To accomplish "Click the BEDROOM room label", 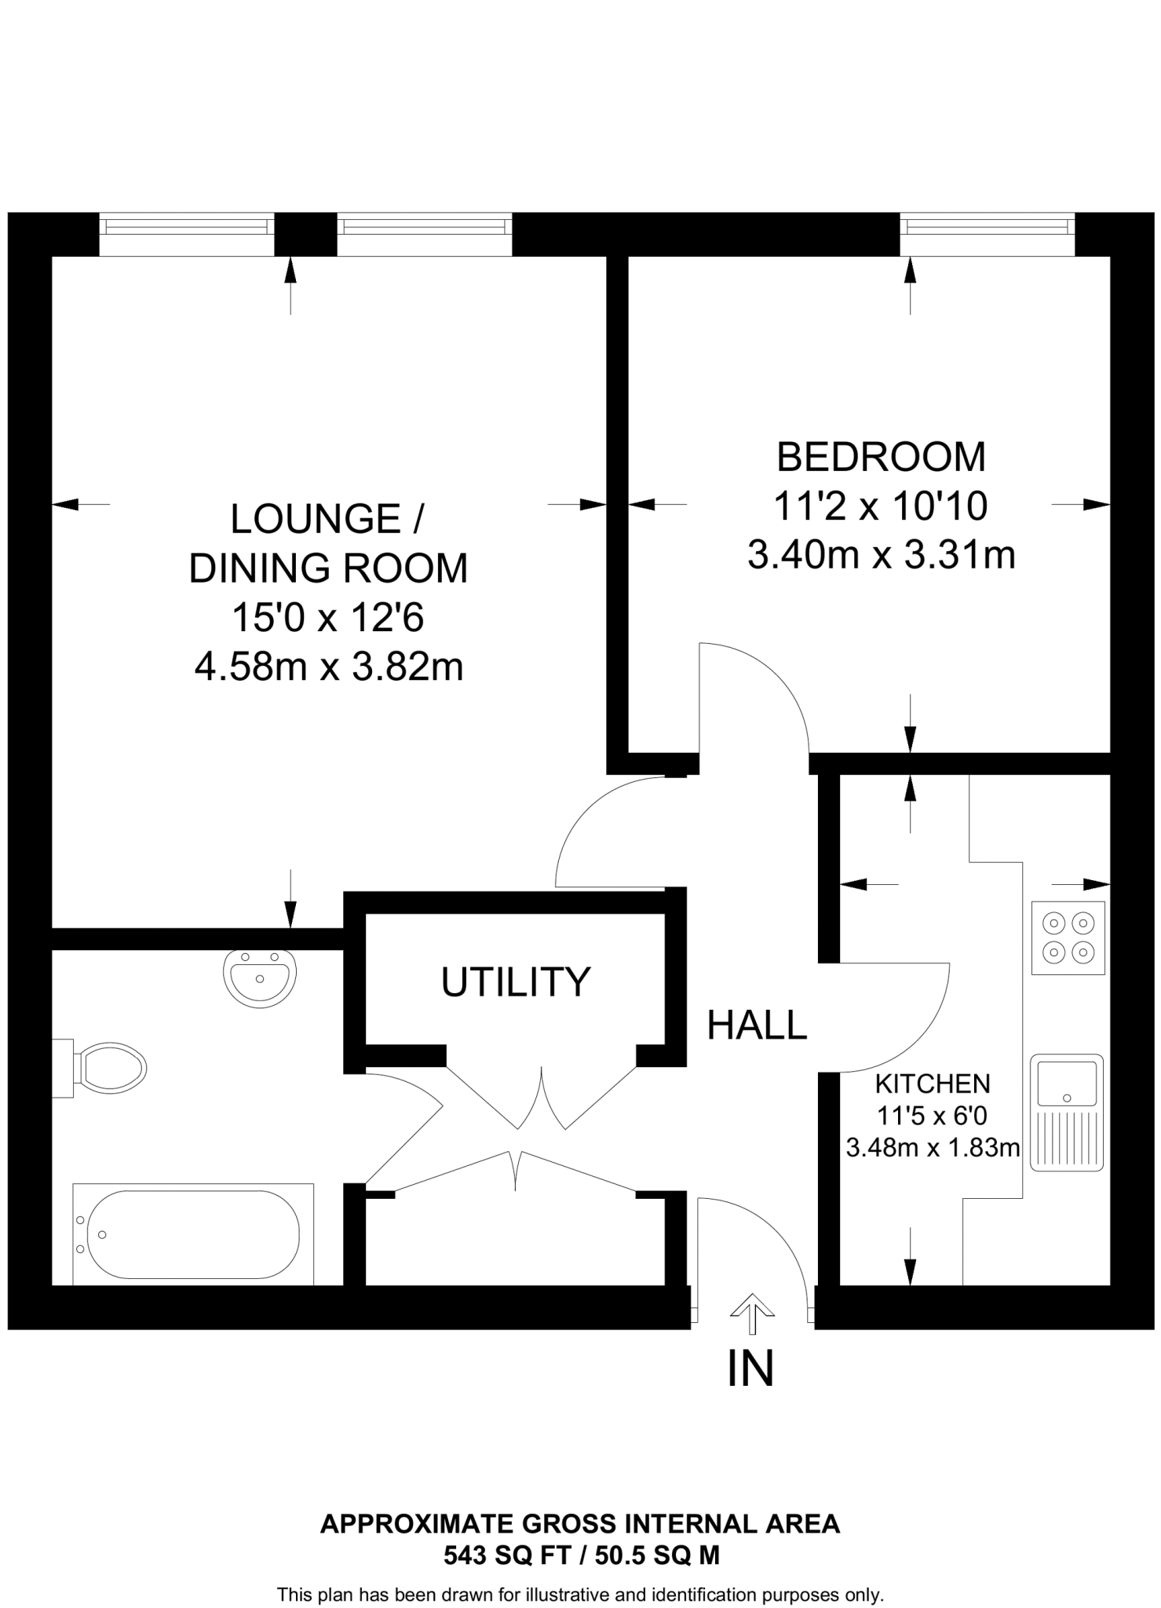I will [881, 457].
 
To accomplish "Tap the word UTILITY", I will [515, 982].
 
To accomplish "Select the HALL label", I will [757, 1025].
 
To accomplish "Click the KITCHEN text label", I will [933, 1084].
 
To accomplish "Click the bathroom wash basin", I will [260, 978].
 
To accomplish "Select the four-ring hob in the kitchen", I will [1068, 937].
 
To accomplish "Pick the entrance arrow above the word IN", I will [752, 1312].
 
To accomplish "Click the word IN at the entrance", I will [751, 1369].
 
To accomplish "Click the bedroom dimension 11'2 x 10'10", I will [881, 506].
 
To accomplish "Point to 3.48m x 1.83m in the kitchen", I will [933, 1148].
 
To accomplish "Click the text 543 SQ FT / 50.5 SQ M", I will [581, 1555].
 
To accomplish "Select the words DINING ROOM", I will [328, 568].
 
